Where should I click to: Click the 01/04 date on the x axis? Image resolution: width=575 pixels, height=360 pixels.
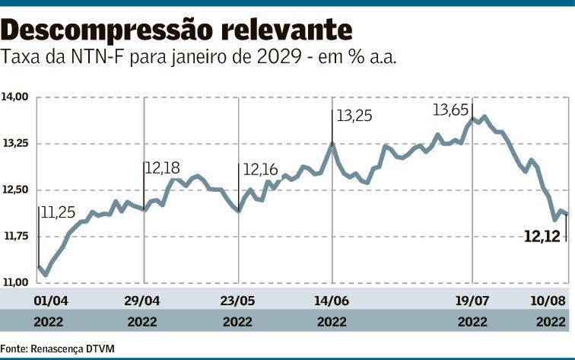[x=48, y=299]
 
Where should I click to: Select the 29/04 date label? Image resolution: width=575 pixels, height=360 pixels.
[x=143, y=299]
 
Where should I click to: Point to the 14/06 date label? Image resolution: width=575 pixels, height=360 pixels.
[x=332, y=299]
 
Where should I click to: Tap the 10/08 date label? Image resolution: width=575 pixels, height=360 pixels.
[x=549, y=299]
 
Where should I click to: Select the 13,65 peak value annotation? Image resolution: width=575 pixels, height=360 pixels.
[x=450, y=110]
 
